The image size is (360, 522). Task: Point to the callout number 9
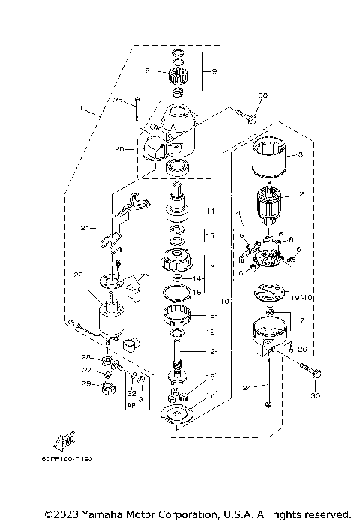[214, 71]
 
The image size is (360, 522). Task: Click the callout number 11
[212, 211]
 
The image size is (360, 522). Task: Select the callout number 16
[211, 316]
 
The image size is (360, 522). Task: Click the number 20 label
[118, 148]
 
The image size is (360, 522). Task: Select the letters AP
[130, 404]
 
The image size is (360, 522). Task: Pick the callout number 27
[87, 370]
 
